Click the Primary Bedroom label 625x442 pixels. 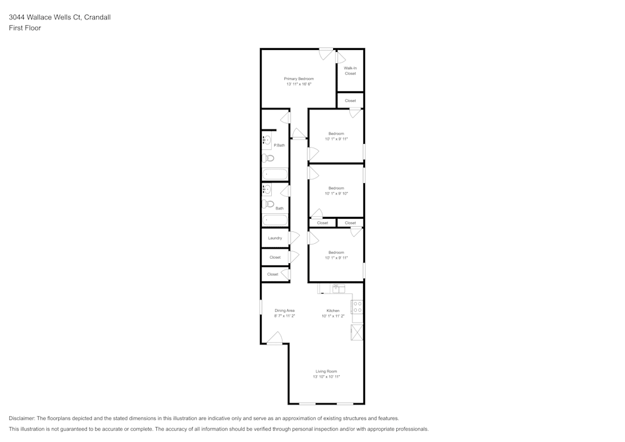coord(299,79)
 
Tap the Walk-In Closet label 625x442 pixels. coord(350,71)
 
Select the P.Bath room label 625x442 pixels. coord(279,145)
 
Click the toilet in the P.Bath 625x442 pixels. coord(268,158)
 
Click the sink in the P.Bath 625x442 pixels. coord(267,140)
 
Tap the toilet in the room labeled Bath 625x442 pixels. coord(269,204)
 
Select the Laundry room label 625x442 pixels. coord(275,238)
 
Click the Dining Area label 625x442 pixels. coord(284,311)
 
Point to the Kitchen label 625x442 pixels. coord(333,311)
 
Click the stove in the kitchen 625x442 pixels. coord(357,307)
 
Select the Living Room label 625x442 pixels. coord(326,371)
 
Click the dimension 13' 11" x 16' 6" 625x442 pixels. coord(299,84)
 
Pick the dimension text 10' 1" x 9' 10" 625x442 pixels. coord(336,193)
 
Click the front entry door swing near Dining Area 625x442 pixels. coord(274,339)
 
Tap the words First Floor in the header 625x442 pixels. coord(25,28)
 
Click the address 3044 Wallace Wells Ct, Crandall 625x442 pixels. coord(60,18)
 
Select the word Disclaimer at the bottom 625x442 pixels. coord(22,418)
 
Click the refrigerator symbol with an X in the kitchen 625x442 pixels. coord(357,333)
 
